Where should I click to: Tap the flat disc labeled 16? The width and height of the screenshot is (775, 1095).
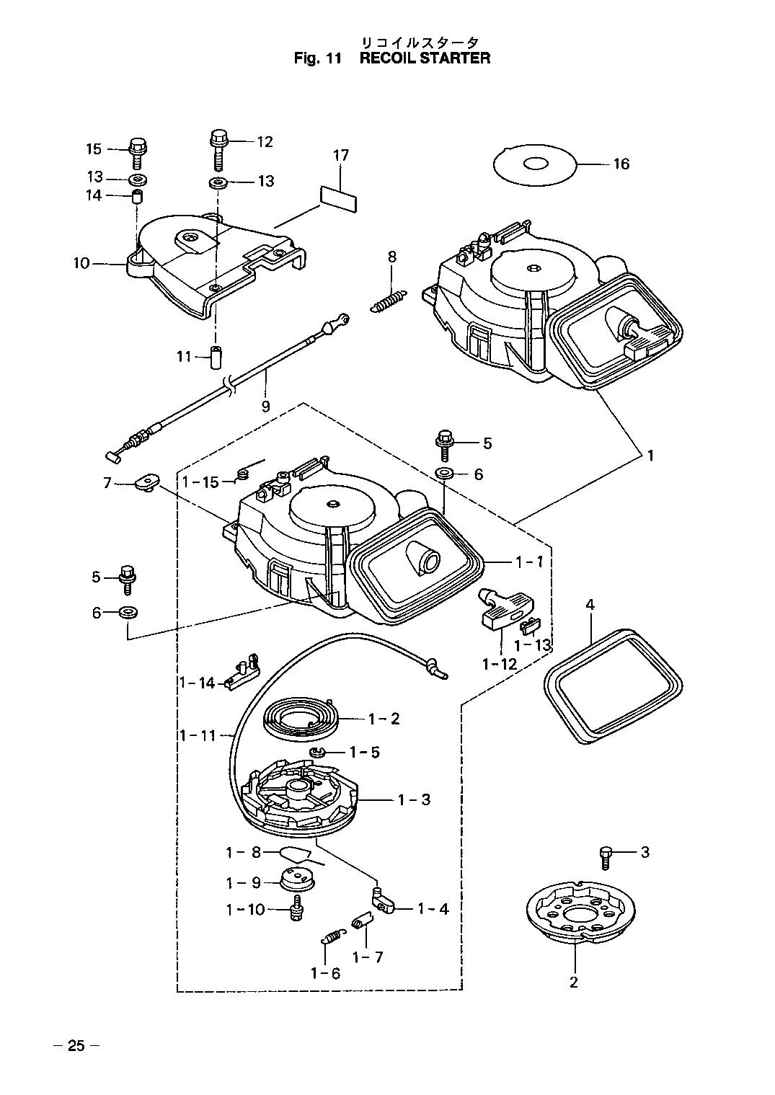tap(536, 164)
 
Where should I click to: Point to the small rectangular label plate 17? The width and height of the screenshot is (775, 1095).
tap(338, 198)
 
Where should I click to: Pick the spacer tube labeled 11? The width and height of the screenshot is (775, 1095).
tap(215, 358)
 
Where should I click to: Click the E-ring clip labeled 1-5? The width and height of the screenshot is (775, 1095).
tap(317, 751)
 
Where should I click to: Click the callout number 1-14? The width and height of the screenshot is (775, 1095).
tap(197, 682)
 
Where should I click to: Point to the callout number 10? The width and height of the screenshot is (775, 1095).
tap(81, 264)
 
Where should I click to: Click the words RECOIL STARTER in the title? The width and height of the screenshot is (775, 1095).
tap(425, 58)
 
